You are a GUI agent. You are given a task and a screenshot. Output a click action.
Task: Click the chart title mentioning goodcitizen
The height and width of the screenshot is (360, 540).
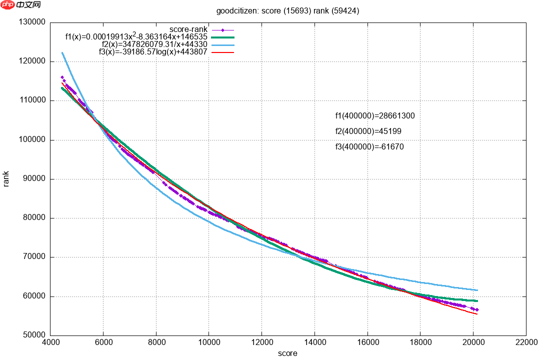pos(287,10)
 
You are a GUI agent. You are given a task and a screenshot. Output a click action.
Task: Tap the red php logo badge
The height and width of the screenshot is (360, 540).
pos(8,5)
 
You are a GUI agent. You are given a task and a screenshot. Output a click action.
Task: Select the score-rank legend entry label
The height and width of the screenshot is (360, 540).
pos(188,29)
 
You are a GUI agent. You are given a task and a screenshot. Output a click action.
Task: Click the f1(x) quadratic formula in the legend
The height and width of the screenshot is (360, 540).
pos(136,36)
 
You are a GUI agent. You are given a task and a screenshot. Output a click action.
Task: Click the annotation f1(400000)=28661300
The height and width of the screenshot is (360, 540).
pos(375,116)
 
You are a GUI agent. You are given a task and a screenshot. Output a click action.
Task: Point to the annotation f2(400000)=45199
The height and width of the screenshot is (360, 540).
pos(368,131)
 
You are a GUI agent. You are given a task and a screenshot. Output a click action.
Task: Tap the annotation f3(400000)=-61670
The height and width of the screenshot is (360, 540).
pos(369,147)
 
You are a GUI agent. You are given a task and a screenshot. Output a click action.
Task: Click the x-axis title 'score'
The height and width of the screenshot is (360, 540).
pos(287,353)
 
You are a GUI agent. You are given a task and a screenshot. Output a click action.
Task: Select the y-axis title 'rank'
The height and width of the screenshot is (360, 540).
pos(6,179)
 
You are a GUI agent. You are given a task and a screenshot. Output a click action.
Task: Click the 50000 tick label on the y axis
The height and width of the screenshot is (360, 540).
pos(34,335)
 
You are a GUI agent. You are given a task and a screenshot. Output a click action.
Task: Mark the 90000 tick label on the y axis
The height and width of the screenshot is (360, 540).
pos(34,179)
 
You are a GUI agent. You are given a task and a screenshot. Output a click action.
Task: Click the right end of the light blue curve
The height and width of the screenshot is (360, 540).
pos(477,290)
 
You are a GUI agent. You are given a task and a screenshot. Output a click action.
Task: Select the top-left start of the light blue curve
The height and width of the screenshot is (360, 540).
pos(62,52)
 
